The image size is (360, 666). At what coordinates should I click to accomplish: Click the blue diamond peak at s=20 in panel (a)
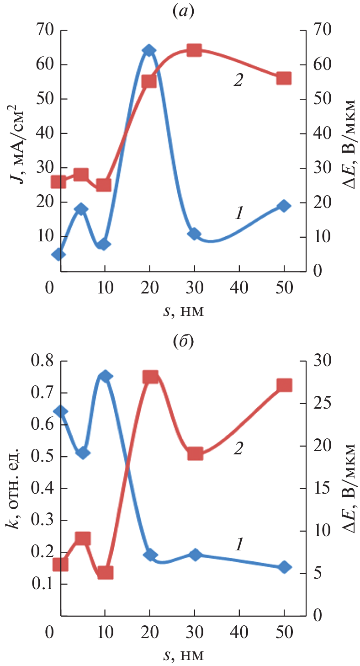click(x=149, y=51)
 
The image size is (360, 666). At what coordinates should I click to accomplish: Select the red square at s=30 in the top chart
click(x=194, y=51)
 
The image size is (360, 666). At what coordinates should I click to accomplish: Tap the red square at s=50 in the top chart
click(x=284, y=78)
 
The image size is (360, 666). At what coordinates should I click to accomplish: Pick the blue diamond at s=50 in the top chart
click(x=284, y=206)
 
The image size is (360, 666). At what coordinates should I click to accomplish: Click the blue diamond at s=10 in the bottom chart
click(x=105, y=376)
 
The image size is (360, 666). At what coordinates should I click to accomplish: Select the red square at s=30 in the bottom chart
click(x=195, y=454)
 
